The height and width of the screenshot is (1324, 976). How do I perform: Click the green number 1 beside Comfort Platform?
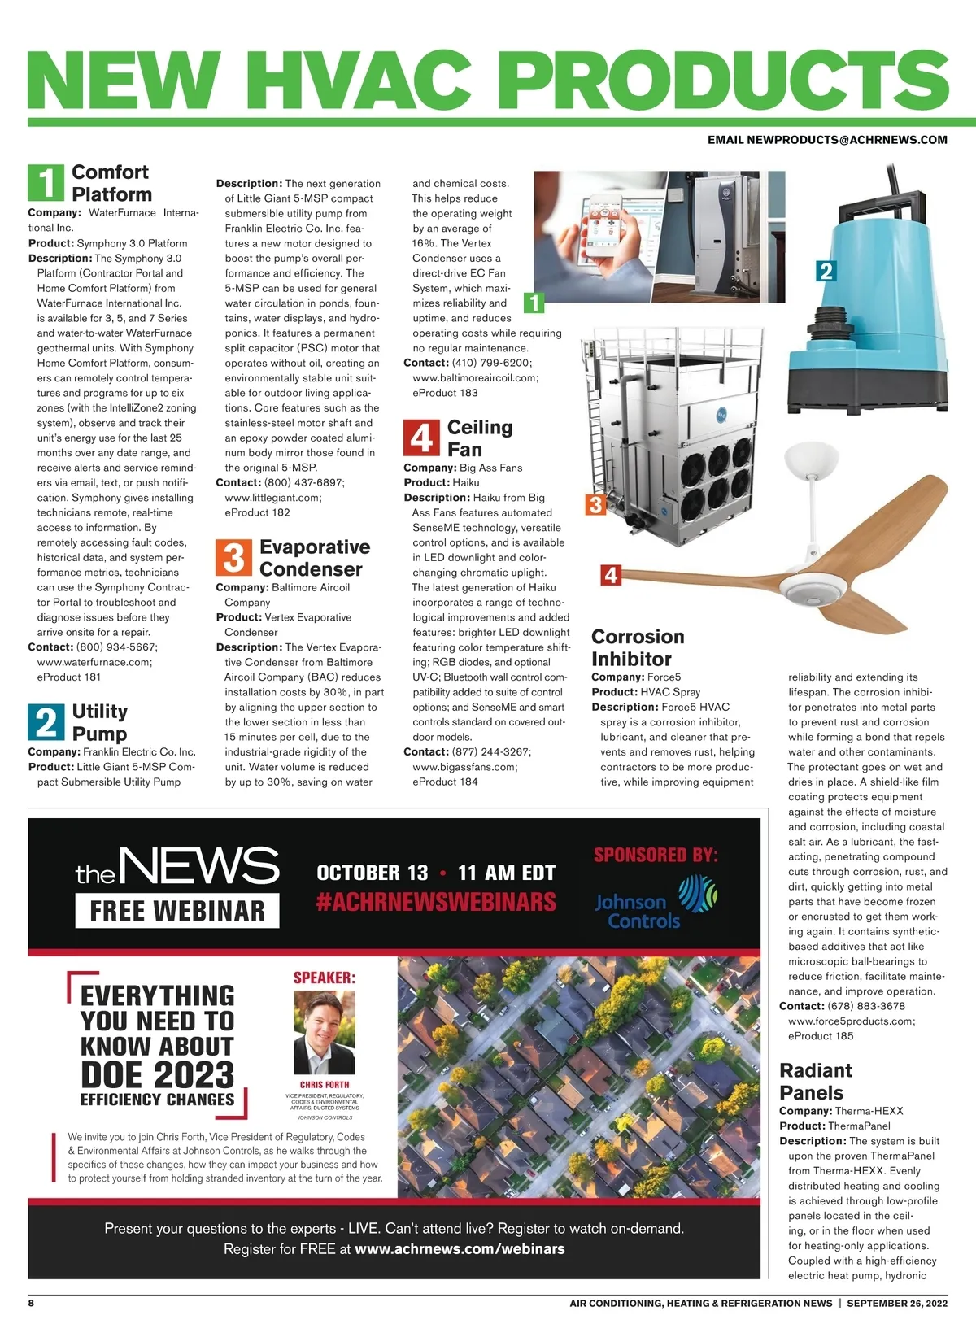click(46, 182)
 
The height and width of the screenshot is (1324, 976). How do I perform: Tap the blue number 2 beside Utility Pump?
click(46, 722)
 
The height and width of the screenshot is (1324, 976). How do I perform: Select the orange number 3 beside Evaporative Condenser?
click(233, 558)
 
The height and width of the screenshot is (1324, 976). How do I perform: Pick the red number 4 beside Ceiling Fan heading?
click(421, 438)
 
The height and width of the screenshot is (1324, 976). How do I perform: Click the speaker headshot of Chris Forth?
click(324, 1033)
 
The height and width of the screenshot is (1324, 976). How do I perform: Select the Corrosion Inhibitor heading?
click(638, 647)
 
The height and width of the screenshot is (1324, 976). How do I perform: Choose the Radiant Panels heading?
click(815, 1081)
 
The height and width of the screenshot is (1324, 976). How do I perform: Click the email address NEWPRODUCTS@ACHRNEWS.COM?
click(827, 140)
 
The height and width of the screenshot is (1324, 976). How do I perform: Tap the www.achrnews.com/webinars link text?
click(460, 1248)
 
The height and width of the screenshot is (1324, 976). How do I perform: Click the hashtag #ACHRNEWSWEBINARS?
click(436, 902)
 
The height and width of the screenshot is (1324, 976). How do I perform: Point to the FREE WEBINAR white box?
click(177, 911)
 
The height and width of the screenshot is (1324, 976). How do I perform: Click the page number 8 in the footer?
click(32, 1303)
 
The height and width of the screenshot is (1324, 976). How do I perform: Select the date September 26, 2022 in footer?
click(896, 1303)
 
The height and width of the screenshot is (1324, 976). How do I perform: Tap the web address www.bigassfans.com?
click(464, 767)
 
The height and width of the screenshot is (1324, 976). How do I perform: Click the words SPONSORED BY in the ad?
click(656, 855)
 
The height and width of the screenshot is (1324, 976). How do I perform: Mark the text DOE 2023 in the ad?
click(157, 1074)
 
